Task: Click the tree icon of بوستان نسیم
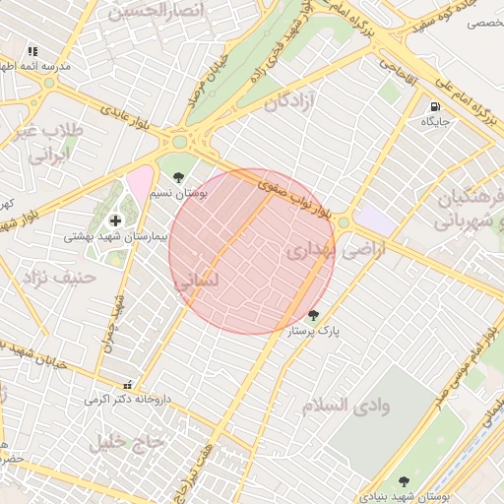(178, 177)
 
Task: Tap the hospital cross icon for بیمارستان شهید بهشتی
(116, 220)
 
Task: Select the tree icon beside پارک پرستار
(313, 315)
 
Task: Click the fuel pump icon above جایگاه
(434, 106)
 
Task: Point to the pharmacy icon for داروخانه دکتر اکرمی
(126, 385)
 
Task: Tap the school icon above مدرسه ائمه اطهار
(33, 51)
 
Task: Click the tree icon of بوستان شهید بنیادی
(404, 481)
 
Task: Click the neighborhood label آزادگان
(294, 100)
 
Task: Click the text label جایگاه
(435, 122)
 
